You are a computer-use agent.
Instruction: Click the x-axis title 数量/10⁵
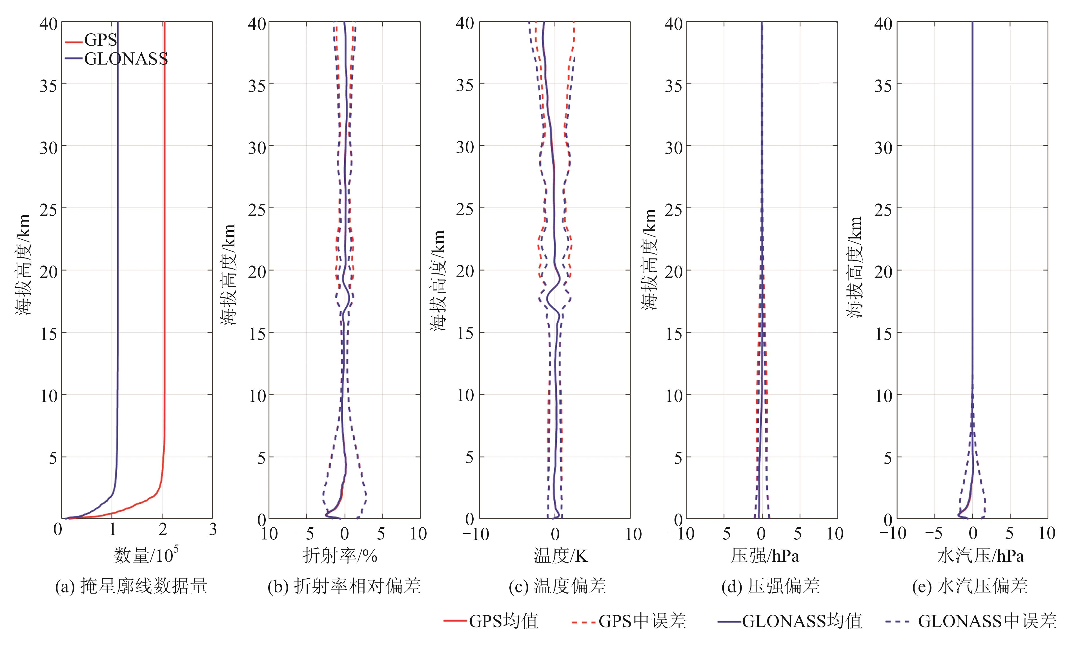(146, 555)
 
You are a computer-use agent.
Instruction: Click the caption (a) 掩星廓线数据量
(131, 586)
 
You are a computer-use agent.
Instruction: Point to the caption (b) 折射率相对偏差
(344, 586)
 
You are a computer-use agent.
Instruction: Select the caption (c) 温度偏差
(558, 586)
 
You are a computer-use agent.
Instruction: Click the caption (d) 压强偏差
(771, 586)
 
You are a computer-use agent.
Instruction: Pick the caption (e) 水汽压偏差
(970, 586)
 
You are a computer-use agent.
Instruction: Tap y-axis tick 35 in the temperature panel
(465, 85)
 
